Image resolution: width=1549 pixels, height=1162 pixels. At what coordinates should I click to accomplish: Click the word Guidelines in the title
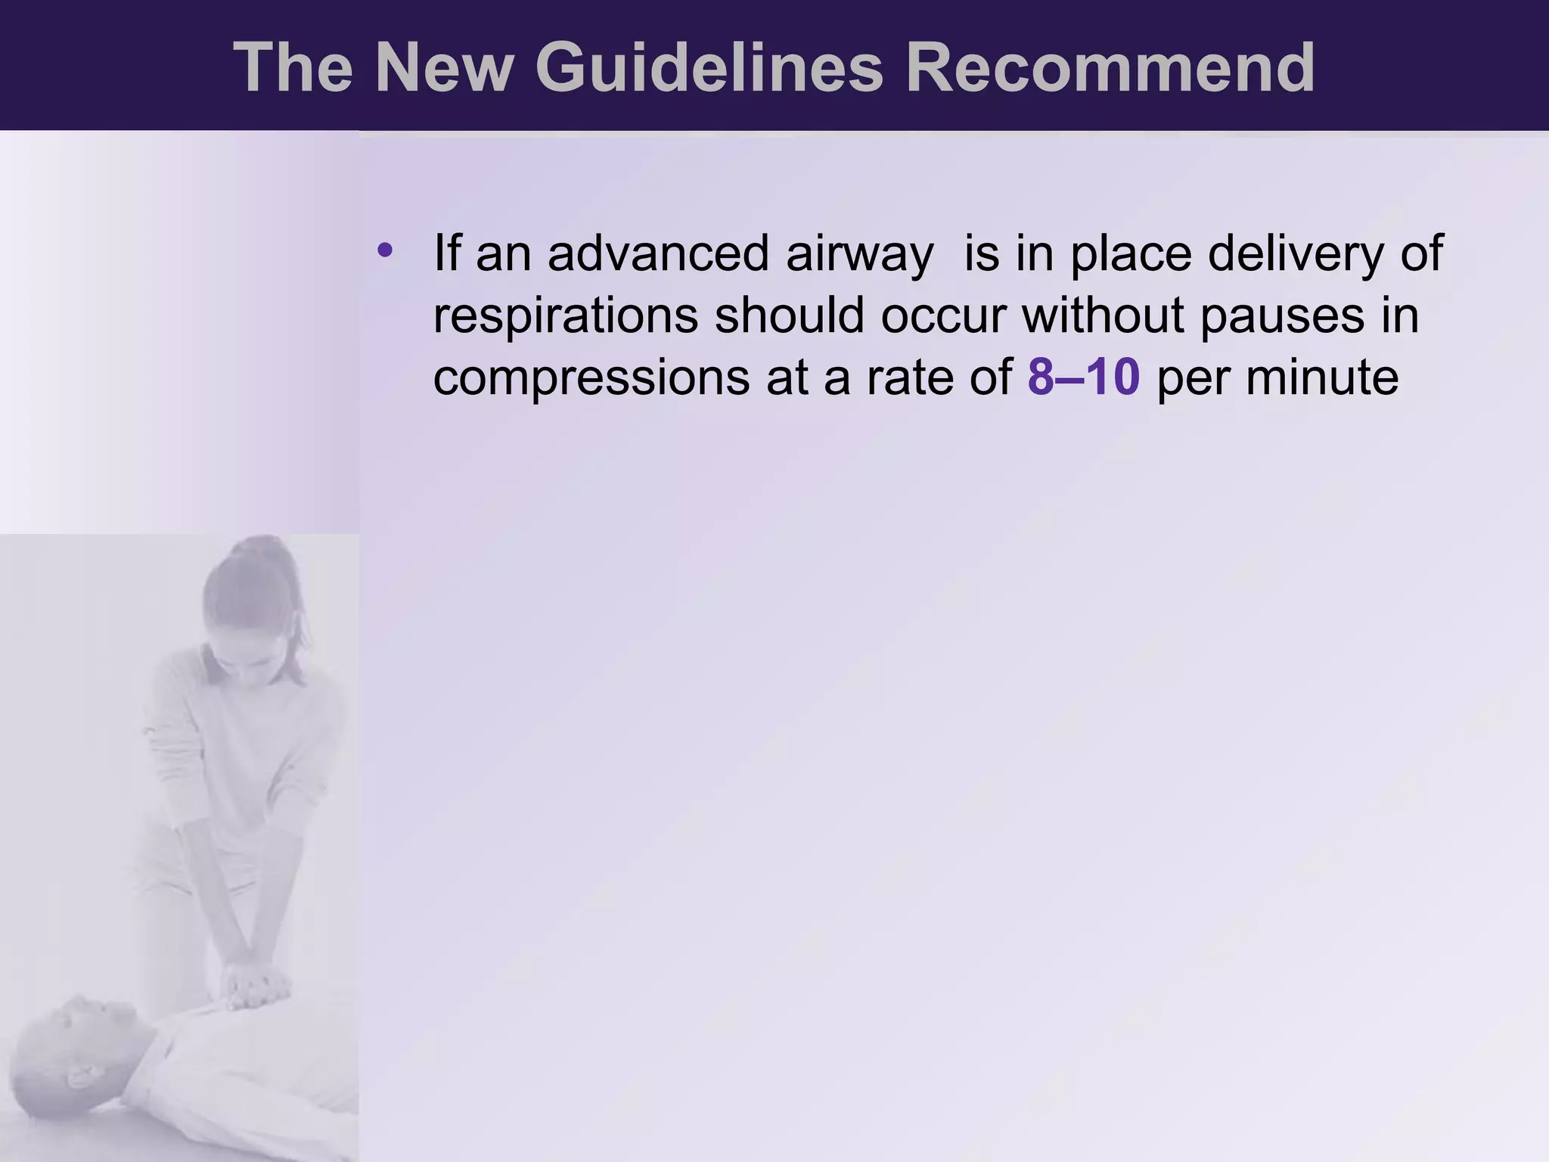pos(709,68)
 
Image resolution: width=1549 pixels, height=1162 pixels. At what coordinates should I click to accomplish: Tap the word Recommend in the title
pos(1110,68)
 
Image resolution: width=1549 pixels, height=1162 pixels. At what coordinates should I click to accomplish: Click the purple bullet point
pos(385,249)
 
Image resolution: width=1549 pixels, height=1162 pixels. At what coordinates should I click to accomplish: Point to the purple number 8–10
pos(1083,377)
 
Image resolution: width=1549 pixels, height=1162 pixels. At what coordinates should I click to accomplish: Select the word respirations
pos(565,316)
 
